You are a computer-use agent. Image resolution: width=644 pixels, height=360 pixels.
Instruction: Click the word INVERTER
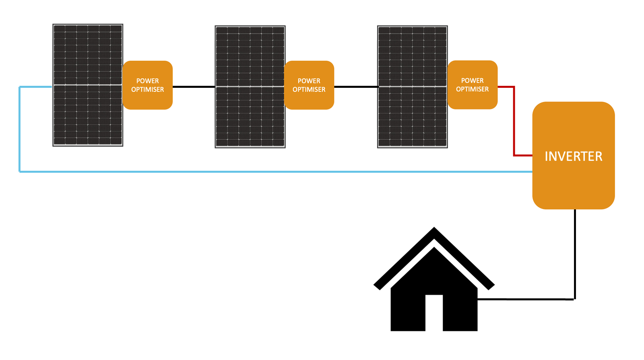(573, 156)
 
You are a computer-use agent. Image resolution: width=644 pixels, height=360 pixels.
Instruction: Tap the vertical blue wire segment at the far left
(19, 129)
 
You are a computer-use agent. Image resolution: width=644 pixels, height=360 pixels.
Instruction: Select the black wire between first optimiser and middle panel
(194, 87)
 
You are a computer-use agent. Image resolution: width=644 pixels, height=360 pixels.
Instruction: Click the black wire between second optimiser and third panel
(356, 87)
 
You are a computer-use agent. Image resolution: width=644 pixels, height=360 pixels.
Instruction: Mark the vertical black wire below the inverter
(574, 254)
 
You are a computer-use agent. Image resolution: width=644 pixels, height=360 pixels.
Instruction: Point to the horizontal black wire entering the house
(523, 299)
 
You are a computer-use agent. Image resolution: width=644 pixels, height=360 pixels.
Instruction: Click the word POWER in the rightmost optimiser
(472, 81)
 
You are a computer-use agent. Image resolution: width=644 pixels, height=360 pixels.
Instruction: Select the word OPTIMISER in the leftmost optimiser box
(147, 89)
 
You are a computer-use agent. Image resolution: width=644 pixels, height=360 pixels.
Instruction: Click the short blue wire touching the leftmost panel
(36, 87)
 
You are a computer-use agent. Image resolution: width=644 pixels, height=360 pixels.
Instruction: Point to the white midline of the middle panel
(250, 87)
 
